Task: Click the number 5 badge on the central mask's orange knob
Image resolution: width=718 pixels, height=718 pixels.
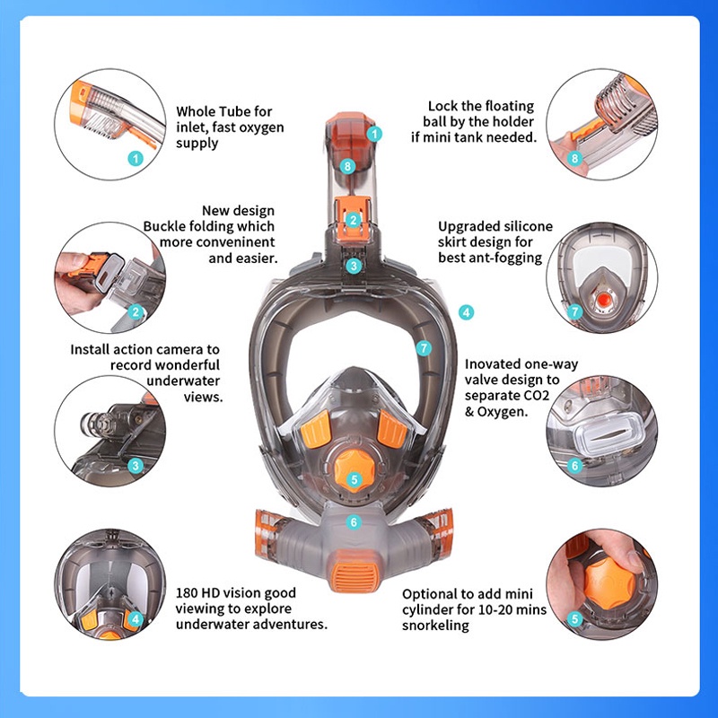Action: point(354,480)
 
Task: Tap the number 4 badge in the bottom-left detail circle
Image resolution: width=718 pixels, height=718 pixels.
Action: point(136,619)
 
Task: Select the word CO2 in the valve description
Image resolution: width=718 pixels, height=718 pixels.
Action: point(532,395)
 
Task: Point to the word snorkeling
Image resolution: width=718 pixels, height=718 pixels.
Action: point(435,626)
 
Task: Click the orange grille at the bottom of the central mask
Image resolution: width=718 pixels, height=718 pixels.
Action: point(353,577)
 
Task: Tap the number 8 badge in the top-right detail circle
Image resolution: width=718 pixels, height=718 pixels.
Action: point(574,159)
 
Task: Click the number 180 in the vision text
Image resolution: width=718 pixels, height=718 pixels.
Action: point(188,593)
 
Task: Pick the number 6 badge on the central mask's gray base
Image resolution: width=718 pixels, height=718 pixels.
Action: point(354,522)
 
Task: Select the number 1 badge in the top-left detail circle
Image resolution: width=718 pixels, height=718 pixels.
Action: point(136,159)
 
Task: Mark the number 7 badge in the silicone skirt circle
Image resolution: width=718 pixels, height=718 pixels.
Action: point(574,312)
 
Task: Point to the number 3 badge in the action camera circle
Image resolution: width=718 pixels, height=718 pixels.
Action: point(136,466)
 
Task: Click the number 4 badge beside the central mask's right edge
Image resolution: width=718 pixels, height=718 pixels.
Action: point(466,312)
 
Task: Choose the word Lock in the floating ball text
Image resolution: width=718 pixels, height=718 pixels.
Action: point(443,106)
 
